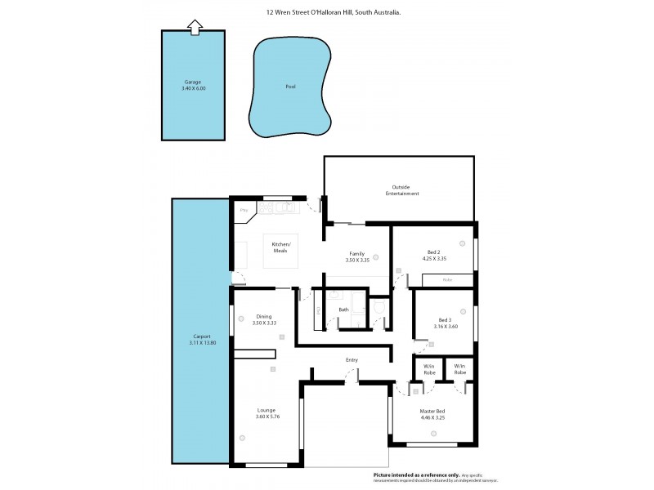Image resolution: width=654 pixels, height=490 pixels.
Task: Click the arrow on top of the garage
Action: point(194,28)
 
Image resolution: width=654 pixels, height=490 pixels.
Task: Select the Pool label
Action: point(290,87)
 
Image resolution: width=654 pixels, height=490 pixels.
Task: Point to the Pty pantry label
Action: point(243,211)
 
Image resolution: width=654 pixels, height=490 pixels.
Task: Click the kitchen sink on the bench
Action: point(286,209)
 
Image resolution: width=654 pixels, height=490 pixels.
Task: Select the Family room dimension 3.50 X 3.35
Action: point(356,259)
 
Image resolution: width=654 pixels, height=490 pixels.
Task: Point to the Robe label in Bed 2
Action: point(446,280)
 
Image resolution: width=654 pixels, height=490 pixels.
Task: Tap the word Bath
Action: point(343,310)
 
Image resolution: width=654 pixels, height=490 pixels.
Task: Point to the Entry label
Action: point(352,359)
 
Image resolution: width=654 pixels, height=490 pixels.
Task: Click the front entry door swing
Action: point(352,376)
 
